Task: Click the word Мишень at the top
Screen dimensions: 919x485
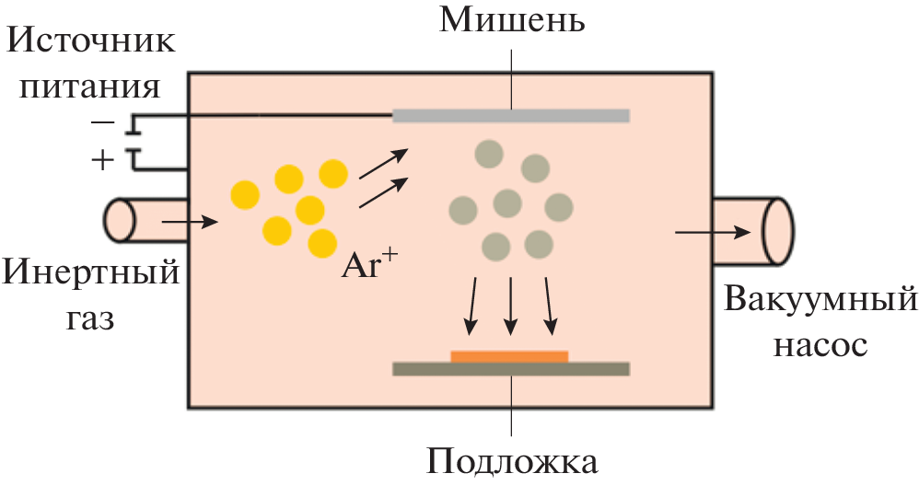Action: click(x=512, y=20)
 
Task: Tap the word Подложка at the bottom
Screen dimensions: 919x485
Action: click(x=512, y=461)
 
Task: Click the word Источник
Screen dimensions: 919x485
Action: click(x=91, y=41)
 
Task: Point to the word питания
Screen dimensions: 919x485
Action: click(x=89, y=87)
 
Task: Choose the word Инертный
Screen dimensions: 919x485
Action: click(x=90, y=273)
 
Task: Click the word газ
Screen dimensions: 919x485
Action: click(x=89, y=318)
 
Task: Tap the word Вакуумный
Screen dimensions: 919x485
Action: click(x=820, y=301)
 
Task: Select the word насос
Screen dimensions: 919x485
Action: click(x=820, y=345)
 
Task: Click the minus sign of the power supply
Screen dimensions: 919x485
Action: click(x=103, y=122)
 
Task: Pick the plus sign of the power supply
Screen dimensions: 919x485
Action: click(x=103, y=159)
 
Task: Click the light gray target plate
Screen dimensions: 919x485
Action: click(x=511, y=115)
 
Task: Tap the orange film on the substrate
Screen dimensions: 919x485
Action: click(x=509, y=357)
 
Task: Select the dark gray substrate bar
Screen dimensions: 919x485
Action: click(x=511, y=369)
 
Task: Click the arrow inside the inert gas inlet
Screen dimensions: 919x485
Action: click(x=190, y=222)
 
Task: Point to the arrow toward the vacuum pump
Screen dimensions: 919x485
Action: click(x=713, y=233)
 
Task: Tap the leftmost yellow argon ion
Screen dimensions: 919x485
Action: click(x=245, y=195)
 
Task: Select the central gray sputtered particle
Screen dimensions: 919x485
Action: click(x=507, y=203)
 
